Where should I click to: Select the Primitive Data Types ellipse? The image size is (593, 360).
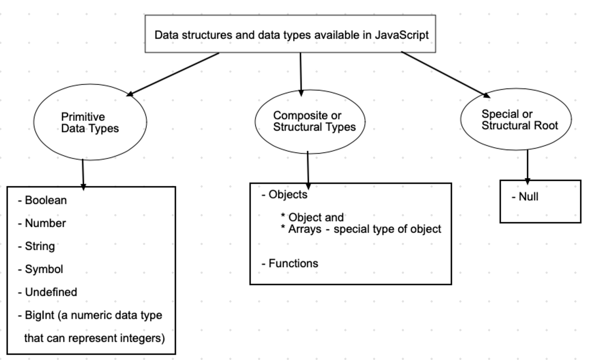(x=90, y=122)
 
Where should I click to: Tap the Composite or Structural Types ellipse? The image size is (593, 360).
(x=310, y=121)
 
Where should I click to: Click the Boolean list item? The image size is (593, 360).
(x=45, y=200)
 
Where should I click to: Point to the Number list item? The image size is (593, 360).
(x=45, y=223)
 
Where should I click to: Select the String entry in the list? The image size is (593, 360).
(x=40, y=246)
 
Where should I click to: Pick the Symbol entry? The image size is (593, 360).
(x=43, y=269)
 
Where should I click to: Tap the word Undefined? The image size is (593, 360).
(x=51, y=292)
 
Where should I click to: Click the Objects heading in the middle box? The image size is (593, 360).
(x=288, y=195)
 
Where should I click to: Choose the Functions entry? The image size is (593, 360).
(x=293, y=263)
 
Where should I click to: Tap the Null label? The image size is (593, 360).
(x=528, y=197)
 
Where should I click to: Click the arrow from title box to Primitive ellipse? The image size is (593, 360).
(x=173, y=74)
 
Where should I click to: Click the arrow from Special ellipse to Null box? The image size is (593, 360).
(x=528, y=165)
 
